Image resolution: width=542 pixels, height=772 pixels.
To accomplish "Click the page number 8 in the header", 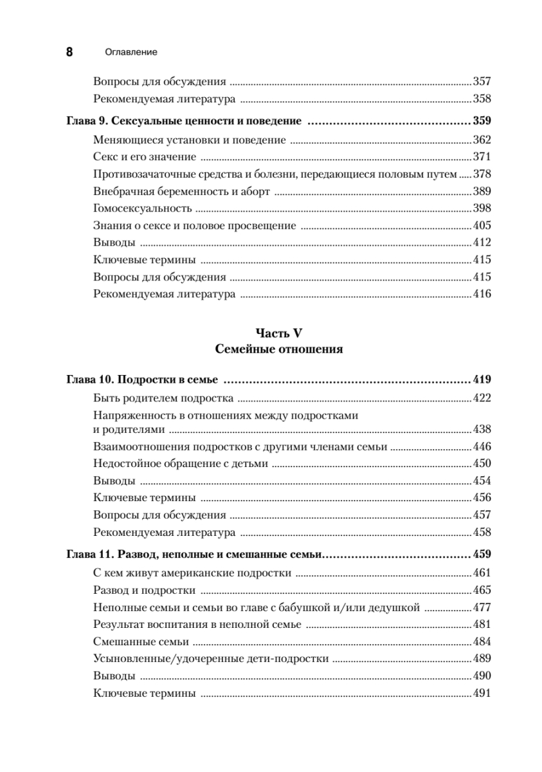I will tap(69, 52).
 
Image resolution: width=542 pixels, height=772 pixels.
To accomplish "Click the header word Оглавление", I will tap(131, 52).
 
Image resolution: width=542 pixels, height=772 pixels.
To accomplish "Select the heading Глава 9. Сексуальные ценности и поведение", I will tap(185, 121).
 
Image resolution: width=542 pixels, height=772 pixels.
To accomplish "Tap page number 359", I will tap(482, 121).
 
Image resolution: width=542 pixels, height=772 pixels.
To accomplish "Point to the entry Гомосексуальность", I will tap(143, 208).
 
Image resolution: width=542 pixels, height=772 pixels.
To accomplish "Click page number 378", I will tap(482, 173).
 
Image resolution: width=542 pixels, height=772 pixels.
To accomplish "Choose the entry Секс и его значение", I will tap(145, 156).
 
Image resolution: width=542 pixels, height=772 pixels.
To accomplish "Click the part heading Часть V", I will tap(278, 333).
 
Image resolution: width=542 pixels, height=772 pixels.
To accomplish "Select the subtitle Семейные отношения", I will tap(278, 350).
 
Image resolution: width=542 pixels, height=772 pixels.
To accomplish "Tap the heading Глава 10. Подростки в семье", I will tap(143, 379).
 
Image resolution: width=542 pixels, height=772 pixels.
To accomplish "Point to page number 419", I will tap(482, 379).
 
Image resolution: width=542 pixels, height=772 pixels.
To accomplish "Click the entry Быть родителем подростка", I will tap(163, 398).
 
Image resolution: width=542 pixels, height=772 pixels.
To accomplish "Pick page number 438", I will tap(482, 430).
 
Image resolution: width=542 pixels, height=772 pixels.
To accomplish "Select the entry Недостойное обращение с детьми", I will tap(180, 463).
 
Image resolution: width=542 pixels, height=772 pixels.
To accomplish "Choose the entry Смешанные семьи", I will tap(141, 641).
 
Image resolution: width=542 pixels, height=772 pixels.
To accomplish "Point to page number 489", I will tap(482, 658).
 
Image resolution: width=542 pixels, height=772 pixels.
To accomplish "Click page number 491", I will tap(482, 693).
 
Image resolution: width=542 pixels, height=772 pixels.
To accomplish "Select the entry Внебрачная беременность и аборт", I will tap(181, 191).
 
